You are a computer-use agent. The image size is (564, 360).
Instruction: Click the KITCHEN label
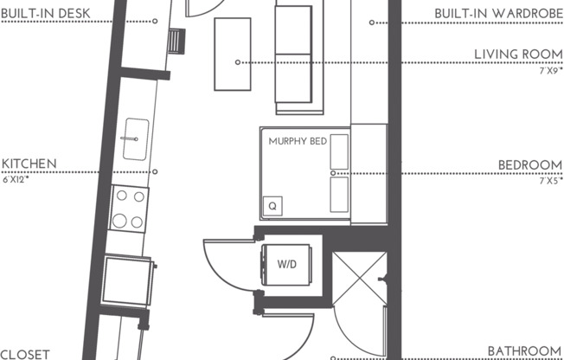click(x=29, y=163)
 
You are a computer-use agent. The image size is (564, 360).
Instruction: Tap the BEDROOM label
click(x=530, y=164)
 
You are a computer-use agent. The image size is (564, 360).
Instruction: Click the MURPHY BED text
click(x=298, y=141)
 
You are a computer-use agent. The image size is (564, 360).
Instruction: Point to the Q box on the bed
click(x=273, y=206)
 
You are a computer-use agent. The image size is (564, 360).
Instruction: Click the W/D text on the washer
click(x=287, y=264)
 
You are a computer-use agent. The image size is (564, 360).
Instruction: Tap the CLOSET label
click(x=27, y=353)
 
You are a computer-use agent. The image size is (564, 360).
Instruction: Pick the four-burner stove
click(x=129, y=208)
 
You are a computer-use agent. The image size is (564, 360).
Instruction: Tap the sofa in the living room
click(x=293, y=57)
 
